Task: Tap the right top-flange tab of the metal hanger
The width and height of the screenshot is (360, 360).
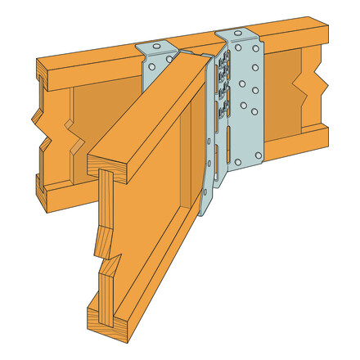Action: [x=237, y=37]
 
